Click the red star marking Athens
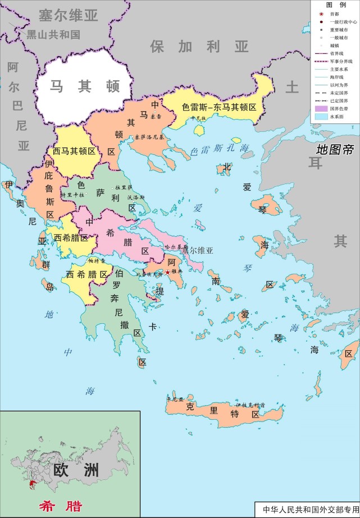167,273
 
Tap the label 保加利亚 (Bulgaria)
199,46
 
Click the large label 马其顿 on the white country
84,86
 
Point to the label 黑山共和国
53,35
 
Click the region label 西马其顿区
74,151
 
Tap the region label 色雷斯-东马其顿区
219,106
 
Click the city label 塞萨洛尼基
150,136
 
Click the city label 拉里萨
123,187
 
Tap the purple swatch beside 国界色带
321,108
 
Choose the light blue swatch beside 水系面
321,116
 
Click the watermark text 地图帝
335,150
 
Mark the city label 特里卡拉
72,195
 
